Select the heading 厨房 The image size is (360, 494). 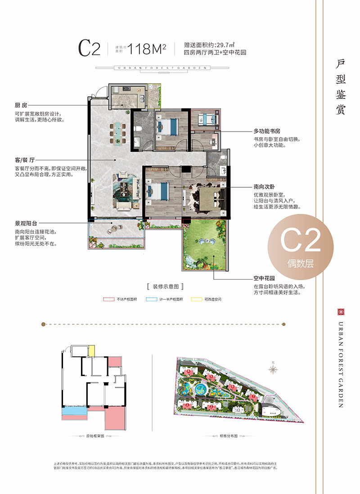21,105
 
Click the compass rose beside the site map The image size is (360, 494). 273,369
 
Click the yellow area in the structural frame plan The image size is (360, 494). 91,350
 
